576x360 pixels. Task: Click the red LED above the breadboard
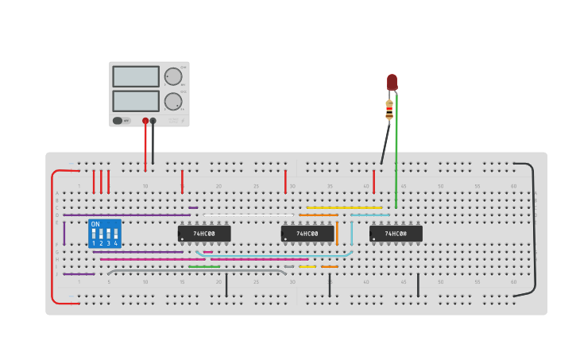click(x=392, y=82)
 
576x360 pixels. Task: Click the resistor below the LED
click(x=389, y=110)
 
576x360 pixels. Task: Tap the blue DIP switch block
click(x=105, y=234)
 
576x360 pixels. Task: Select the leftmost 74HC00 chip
click(x=204, y=234)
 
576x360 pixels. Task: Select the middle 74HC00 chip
click(x=307, y=234)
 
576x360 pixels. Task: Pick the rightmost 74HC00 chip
click(x=396, y=234)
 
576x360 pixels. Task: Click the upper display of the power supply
click(x=136, y=76)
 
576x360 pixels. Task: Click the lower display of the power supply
click(x=136, y=101)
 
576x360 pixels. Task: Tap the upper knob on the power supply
click(x=172, y=76)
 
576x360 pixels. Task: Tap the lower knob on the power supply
click(x=172, y=101)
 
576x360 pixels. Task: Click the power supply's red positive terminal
click(x=145, y=121)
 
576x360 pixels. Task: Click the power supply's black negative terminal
click(x=153, y=121)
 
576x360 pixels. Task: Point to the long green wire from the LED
click(x=396, y=159)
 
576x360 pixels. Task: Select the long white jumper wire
click(x=248, y=215)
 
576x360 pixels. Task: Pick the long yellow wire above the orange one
click(x=344, y=208)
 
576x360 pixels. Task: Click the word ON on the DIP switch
click(x=96, y=225)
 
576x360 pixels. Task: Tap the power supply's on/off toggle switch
click(x=118, y=121)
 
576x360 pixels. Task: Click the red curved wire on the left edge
click(x=53, y=238)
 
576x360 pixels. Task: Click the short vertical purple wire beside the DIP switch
click(x=64, y=233)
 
